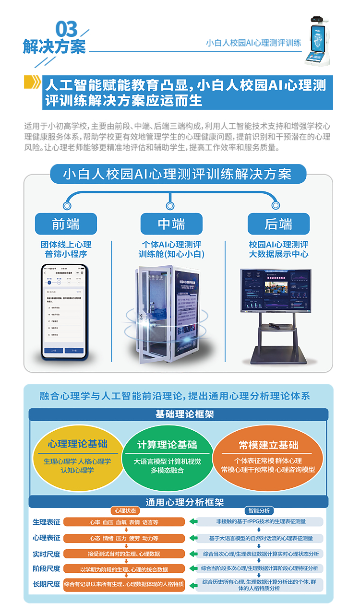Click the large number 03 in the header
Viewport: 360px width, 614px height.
pos(66,30)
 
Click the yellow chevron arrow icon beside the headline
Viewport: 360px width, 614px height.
pos(32,83)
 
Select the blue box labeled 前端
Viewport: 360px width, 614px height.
pos(66,224)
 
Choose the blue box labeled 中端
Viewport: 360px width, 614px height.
pos(171,224)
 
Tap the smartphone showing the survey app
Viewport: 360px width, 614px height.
pos(64,312)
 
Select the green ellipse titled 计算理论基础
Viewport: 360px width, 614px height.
pos(167,458)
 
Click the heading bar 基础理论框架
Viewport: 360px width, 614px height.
pos(178,414)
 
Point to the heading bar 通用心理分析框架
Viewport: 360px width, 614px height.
pos(178,502)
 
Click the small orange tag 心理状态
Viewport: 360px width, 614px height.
pos(123,511)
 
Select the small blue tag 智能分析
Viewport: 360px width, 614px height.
pos(259,511)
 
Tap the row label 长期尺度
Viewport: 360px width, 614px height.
pos(47,584)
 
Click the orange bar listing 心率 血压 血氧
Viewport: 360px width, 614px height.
pos(124,522)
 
